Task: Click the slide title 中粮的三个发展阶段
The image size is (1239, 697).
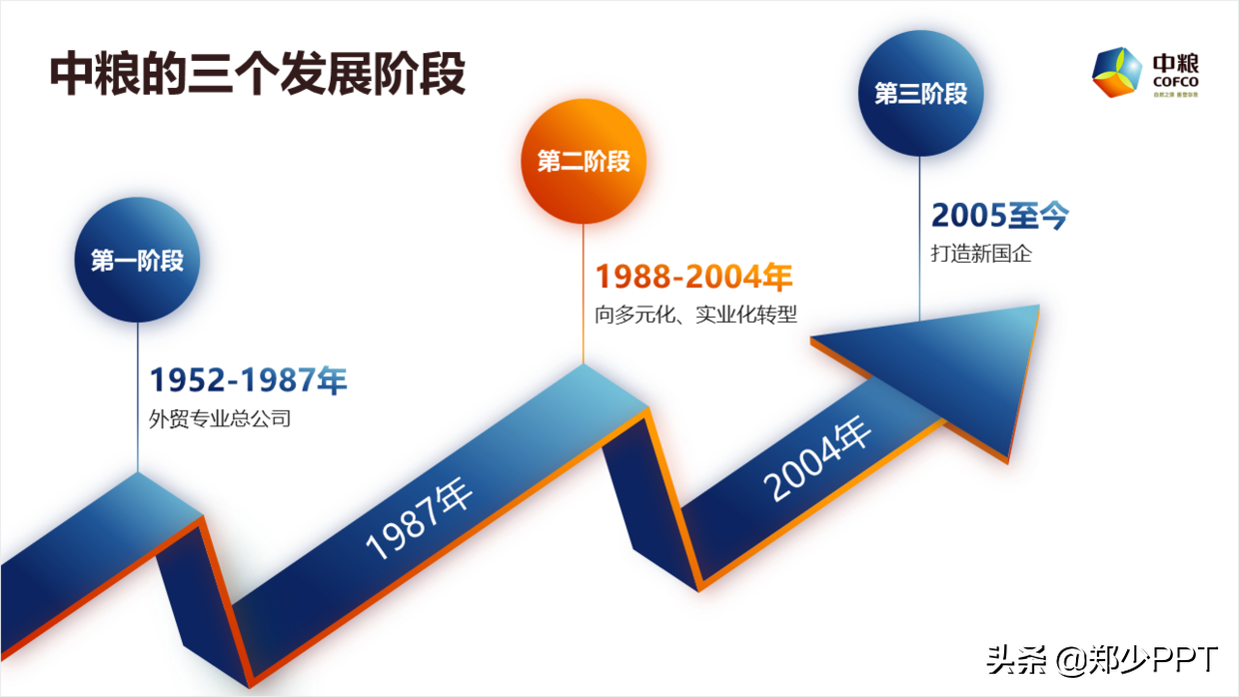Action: [258, 74]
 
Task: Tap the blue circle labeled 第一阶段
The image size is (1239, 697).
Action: [138, 261]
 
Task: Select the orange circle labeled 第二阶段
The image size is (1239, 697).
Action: [584, 161]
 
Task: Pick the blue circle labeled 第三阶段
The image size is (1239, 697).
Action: [920, 94]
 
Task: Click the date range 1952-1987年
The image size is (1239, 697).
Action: [248, 380]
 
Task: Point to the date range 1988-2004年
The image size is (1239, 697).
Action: [693, 277]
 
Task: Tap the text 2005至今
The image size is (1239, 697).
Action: [1000, 216]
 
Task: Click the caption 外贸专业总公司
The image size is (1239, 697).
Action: [220, 418]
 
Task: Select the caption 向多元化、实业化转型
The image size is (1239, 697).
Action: [695, 315]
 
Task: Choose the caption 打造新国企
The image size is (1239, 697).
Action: [981, 254]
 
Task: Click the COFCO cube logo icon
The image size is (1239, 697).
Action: [1116, 74]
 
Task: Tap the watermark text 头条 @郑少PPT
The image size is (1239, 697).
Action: [1102, 660]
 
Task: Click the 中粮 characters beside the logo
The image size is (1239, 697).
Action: [1175, 62]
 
